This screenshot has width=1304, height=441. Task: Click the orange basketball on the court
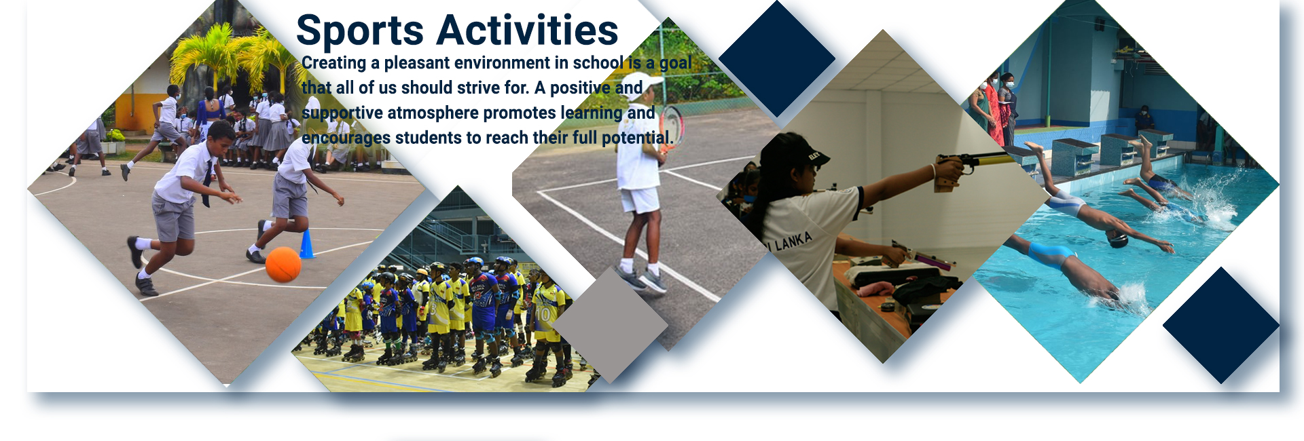pos(283,264)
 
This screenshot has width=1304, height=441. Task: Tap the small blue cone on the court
pos(306,244)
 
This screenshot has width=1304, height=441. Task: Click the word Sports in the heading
pos(360,31)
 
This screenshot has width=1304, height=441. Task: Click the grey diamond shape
pos(611,324)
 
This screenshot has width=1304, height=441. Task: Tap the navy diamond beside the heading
pos(777,58)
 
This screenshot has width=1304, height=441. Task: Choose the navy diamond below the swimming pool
pos(1221,325)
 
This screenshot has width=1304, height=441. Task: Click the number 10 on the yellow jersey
pos(543,314)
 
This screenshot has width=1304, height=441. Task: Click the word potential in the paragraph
pos(638,138)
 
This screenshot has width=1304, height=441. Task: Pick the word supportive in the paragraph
pos(342,113)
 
